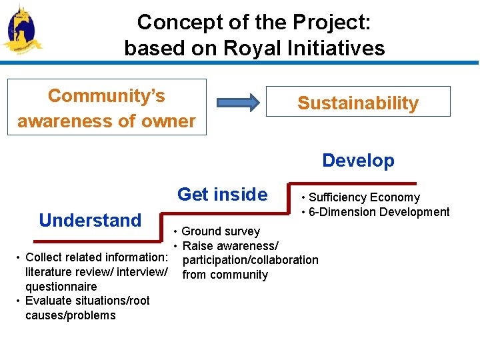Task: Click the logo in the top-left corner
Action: point(21,30)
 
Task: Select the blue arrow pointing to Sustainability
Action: point(237,103)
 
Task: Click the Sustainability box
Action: point(358,102)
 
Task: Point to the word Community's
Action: point(107,96)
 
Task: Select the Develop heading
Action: point(358,161)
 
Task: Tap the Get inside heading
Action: point(222,195)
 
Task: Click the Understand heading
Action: point(90,220)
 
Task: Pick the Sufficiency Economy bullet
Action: point(364,197)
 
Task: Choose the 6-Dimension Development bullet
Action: point(379,212)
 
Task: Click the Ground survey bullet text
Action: point(220,231)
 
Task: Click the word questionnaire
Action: point(61,287)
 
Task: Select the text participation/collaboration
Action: point(250,260)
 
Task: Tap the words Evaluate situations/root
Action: point(87,301)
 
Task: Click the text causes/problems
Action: point(70,315)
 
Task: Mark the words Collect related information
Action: point(95,257)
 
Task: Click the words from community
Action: point(225,275)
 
